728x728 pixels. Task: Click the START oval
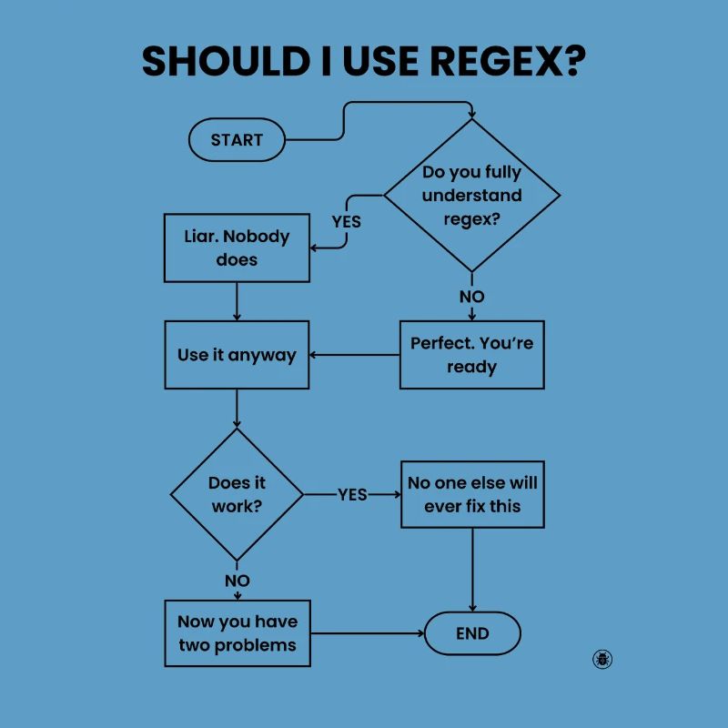coord(237,140)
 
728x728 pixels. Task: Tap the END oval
coord(472,633)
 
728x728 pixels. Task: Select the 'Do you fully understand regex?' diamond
coord(471,196)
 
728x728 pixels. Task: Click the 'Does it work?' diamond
coord(237,494)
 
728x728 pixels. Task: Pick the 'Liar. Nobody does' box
coord(237,248)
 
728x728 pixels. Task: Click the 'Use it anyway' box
coord(237,355)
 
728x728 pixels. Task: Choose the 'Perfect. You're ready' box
coord(471,355)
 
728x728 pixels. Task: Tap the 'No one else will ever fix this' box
coord(472,494)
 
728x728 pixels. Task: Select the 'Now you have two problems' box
coord(237,633)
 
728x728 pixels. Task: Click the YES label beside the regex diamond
coord(346,221)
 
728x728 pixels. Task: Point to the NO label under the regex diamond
coord(471,297)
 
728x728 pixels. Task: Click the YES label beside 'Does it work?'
coord(352,494)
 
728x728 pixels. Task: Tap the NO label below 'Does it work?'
coord(237,581)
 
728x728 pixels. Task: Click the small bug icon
coord(602,659)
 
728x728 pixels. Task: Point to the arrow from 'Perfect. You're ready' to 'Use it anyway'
coord(355,355)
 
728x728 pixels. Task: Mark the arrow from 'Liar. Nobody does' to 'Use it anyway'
coord(237,301)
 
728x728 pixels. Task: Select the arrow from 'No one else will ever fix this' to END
coord(472,569)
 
